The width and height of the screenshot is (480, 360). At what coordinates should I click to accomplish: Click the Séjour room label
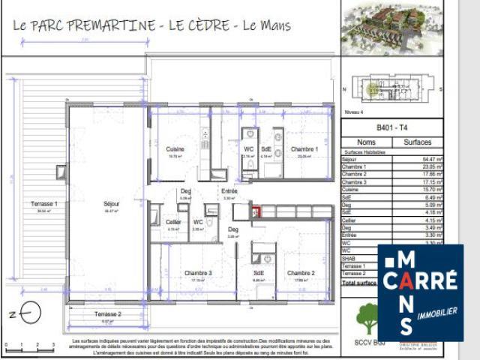(111, 203)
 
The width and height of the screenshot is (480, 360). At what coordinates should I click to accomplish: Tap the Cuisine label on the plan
(175, 149)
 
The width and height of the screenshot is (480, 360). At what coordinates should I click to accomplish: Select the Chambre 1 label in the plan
(304, 149)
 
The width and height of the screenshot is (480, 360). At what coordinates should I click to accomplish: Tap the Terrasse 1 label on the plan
(44, 203)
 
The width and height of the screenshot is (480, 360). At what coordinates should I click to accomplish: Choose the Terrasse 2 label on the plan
(108, 313)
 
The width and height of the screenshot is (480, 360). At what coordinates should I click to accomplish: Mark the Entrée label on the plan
(229, 191)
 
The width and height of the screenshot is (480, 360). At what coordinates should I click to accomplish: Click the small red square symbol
(256, 212)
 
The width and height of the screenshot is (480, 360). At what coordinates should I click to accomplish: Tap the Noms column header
(367, 141)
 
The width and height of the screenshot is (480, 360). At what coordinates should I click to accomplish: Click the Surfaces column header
(417, 141)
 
